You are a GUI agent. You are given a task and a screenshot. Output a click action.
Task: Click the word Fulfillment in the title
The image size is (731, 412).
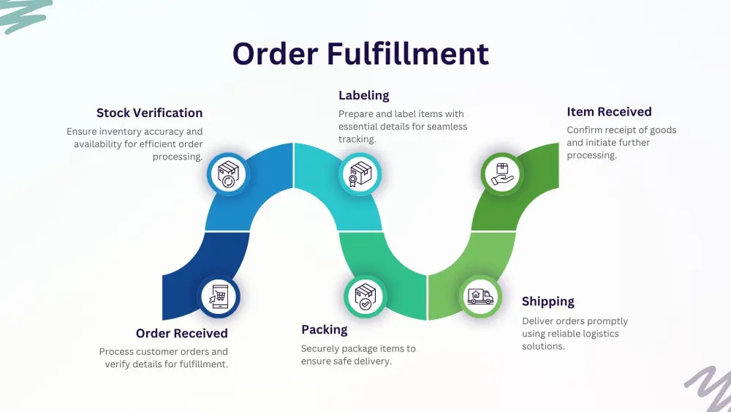[408, 54]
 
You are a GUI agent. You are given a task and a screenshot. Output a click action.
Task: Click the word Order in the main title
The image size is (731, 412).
[275, 54]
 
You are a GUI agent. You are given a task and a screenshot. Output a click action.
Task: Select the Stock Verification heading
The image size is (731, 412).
[149, 113]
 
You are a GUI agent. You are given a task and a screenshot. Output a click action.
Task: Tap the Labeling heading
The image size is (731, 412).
[363, 95]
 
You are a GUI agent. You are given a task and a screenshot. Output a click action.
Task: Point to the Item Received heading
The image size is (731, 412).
[609, 112]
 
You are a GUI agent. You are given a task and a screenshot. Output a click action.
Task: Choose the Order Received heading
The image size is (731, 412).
[181, 334]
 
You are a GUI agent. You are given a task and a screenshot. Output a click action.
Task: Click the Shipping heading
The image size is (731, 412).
[548, 301]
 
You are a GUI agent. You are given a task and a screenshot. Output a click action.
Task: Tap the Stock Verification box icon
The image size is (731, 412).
[227, 174]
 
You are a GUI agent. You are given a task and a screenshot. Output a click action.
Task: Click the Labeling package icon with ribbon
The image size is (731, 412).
[360, 174]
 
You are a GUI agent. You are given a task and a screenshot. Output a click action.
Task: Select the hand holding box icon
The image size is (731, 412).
[501, 174]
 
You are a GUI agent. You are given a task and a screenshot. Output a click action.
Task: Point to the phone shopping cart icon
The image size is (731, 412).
[220, 296]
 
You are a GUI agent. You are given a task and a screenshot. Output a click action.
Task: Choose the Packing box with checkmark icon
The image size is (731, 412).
[364, 296]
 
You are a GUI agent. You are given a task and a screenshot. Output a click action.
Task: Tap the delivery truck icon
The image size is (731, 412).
[480, 296]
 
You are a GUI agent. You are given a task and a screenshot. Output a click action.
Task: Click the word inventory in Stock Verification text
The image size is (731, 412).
[118, 132]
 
